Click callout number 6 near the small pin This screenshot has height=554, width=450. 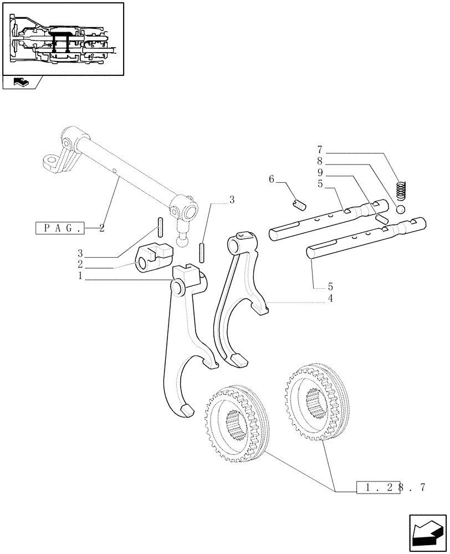(x=272, y=179)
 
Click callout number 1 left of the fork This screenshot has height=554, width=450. (x=80, y=275)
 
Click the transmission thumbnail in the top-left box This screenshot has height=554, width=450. (x=63, y=39)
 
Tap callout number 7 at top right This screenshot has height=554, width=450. (x=320, y=150)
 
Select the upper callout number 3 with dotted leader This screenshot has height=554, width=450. (x=232, y=200)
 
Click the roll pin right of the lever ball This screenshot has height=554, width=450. (x=202, y=249)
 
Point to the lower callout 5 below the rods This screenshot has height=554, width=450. (x=330, y=287)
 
